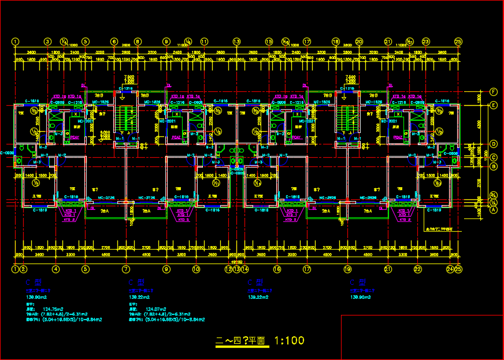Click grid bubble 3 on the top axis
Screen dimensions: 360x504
[x=48, y=42]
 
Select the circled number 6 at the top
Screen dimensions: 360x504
[x=114, y=42]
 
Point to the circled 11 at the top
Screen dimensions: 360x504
[x=204, y=42]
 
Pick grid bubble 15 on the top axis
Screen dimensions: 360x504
[x=269, y=42]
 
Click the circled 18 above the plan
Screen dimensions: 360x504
[x=335, y=42]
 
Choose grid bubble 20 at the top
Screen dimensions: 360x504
[x=359, y=42]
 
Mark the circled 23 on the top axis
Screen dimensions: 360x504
[x=425, y=42]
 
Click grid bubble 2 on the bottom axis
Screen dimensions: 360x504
[x=23, y=269]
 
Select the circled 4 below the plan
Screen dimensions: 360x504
[x=56, y=269]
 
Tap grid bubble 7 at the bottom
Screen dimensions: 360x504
[x=126, y=269]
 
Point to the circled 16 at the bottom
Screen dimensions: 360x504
[x=277, y=269]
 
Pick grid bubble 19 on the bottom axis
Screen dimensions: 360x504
[x=347, y=269]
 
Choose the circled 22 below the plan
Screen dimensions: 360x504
[x=417, y=269]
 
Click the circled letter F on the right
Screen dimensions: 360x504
[x=494, y=91]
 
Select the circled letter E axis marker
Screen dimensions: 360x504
[x=494, y=105]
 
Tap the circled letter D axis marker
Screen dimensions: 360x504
[x=494, y=144]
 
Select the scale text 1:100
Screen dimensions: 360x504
[x=289, y=341]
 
